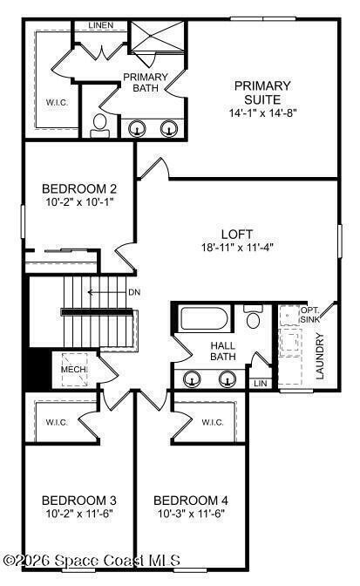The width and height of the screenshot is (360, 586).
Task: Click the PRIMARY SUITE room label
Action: (x=262, y=92)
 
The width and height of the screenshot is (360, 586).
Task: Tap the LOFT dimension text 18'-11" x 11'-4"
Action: (x=237, y=247)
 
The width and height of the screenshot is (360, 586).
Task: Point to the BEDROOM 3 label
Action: (x=78, y=500)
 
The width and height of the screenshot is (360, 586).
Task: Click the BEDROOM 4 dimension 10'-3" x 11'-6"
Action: (x=191, y=514)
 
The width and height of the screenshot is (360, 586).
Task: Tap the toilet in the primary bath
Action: (x=99, y=126)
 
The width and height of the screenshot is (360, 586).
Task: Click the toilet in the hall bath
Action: (x=254, y=317)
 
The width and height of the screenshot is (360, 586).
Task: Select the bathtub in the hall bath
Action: (x=204, y=318)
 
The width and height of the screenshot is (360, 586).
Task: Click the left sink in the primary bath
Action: (x=138, y=129)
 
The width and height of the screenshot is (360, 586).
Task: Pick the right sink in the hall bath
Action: (x=228, y=379)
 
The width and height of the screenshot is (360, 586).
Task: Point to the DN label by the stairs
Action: (x=134, y=292)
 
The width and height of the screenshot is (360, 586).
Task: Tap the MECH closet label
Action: (x=74, y=370)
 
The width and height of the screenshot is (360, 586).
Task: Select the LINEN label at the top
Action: (x=101, y=25)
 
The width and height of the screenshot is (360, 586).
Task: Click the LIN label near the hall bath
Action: (x=261, y=384)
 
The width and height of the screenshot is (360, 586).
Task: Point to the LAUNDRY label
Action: (x=320, y=356)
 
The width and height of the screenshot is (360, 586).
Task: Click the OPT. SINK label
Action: (x=310, y=315)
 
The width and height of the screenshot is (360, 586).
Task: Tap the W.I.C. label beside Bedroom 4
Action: (x=213, y=423)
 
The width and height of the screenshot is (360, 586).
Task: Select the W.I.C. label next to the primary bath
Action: (x=58, y=102)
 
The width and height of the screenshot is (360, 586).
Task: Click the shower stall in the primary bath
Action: (x=158, y=36)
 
